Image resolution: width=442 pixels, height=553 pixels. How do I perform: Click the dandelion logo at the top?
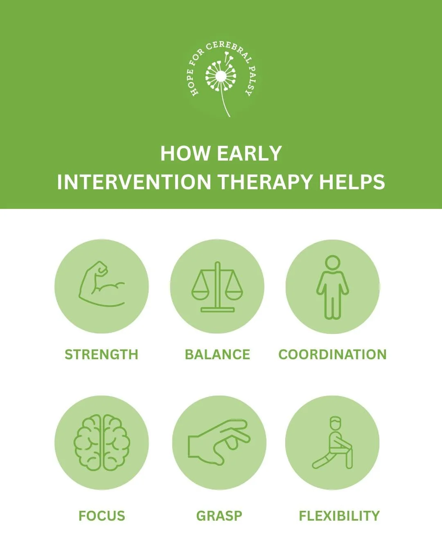coord(221,78)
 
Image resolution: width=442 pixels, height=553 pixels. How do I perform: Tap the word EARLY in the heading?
coord(249,154)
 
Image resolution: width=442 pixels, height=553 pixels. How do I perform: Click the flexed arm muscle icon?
coord(101,285)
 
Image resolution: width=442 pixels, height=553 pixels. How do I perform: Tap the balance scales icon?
coord(217,287)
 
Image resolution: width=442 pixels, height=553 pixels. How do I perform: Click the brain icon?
coord(102,442)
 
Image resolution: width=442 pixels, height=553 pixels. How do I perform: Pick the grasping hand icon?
coord(219,442)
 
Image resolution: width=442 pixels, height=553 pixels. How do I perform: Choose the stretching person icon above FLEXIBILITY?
coord(332,443)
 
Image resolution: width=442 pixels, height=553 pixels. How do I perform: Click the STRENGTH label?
coord(101,354)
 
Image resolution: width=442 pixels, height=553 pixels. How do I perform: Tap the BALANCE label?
coord(217,354)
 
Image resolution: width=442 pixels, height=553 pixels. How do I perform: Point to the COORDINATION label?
coord(332,354)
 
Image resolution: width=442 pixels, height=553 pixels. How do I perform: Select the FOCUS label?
coord(102,516)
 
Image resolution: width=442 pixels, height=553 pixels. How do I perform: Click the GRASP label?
coord(219,516)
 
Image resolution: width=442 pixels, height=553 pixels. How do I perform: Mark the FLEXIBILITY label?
coord(339,516)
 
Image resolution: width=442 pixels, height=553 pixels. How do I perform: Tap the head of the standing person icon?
coord(332,263)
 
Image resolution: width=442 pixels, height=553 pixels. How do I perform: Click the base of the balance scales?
coord(217,310)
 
